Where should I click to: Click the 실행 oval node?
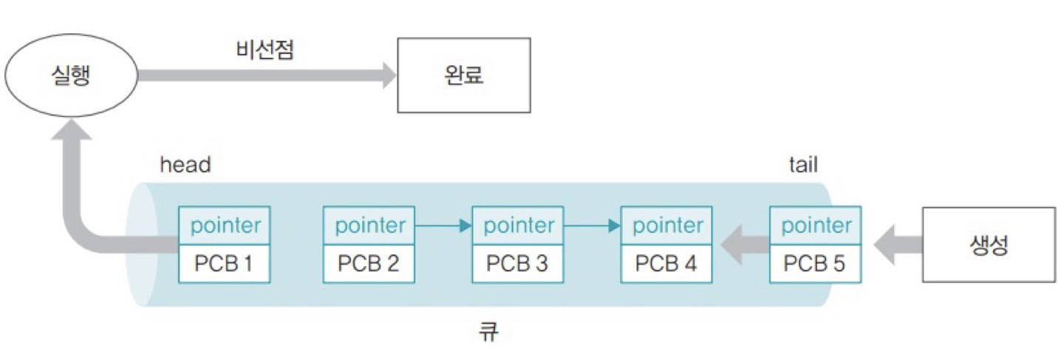click(71, 75)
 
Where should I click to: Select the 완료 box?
click(464, 75)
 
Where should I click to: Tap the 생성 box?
click(989, 245)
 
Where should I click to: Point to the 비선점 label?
click(265, 50)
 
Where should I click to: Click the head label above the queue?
click(185, 164)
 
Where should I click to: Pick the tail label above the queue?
click(803, 164)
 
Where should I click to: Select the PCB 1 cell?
click(225, 263)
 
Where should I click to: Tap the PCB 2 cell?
click(369, 263)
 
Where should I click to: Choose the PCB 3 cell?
click(518, 263)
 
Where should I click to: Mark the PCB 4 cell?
click(666, 263)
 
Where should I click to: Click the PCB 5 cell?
click(815, 263)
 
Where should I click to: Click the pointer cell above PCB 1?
click(225, 225)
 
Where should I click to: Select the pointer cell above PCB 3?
click(518, 225)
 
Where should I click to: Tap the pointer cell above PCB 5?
click(815, 225)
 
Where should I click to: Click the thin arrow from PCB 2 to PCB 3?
click(443, 225)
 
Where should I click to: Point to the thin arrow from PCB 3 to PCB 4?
click(592, 225)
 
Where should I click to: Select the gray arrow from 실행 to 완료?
click(266, 75)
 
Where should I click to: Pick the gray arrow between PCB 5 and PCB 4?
click(743, 245)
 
